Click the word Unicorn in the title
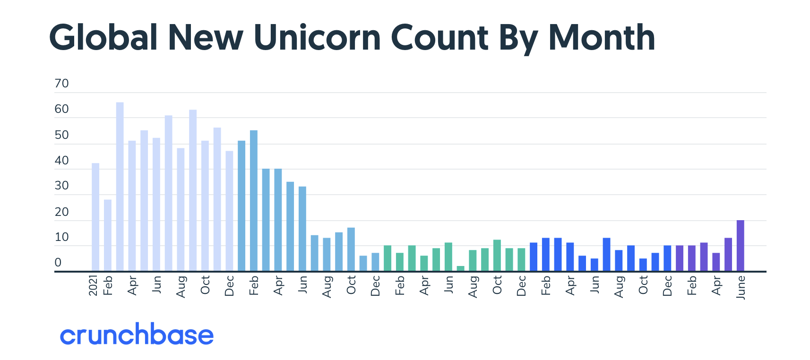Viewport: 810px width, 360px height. click(317, 37)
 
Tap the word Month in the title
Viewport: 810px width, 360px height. click(601, 37)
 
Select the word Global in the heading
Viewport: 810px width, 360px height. click(103, 37)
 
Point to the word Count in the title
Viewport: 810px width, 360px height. click(439, 37)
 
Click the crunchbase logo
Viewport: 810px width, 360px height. click(137, 334)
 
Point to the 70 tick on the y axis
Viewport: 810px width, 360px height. click(61, 84)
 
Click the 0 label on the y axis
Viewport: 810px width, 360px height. click(58, 263)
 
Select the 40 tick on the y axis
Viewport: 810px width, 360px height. click(61, 161)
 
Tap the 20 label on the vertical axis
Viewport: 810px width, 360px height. click(61, 212)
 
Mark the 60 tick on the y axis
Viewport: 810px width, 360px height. click(61, 109)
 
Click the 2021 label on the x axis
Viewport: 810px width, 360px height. click(93, 285)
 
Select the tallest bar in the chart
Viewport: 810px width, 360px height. click(120, 187)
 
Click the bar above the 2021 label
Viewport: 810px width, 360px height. click(95, 217)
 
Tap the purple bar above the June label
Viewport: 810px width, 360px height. click(741, 246)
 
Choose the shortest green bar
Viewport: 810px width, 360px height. click(461, 268)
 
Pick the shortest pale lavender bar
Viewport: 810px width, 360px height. click(108, 235)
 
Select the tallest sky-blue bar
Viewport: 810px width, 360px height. click(254, 201)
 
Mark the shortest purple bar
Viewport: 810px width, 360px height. click(716, 262)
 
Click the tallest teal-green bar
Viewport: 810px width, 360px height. click(497, 256)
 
